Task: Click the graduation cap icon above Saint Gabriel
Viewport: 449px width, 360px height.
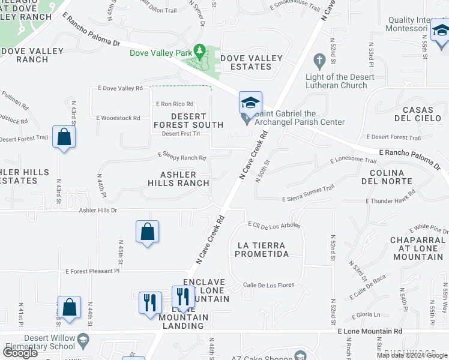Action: [250, 103]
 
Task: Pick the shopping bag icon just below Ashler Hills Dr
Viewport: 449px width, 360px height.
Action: [147, 232]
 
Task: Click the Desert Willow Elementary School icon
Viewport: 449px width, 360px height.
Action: [83, 341]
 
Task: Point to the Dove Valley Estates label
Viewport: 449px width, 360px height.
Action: [251, 62]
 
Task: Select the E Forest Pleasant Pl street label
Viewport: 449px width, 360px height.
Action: [93, 271]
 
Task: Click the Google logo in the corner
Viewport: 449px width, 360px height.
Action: [20, 353]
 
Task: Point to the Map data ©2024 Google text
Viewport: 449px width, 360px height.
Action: [412, 355]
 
